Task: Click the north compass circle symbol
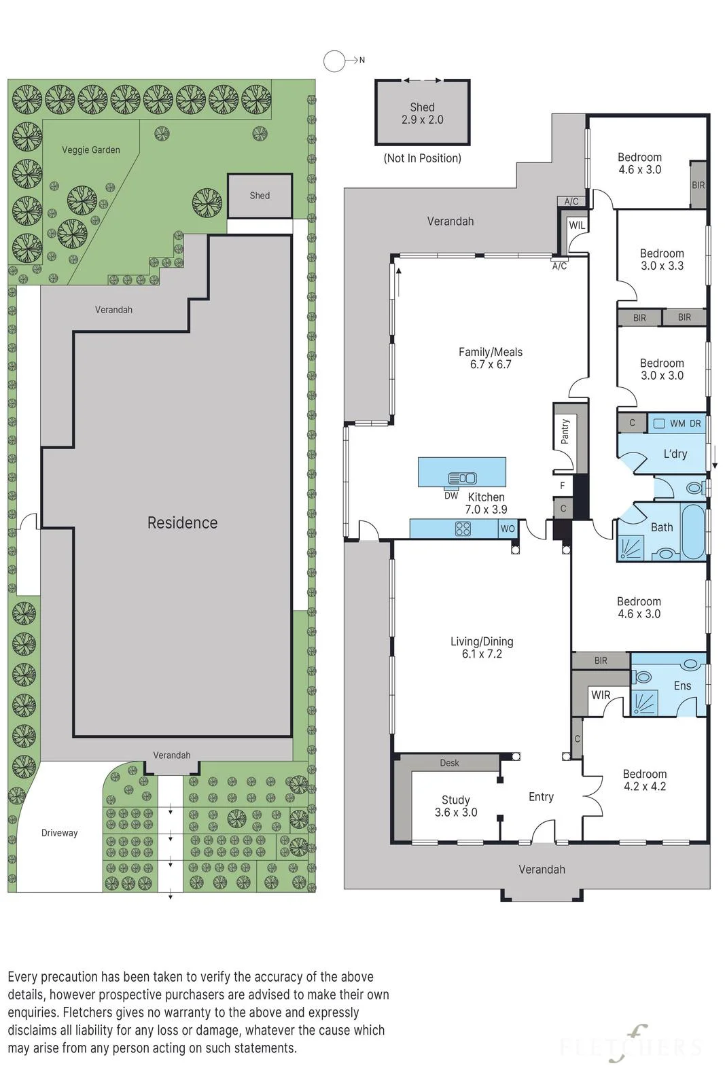coord(334,61)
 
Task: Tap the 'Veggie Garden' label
coord(91,150)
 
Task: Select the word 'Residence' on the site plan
coord(183,522)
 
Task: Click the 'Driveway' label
coord(59,833)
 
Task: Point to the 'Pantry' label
coord(565,431)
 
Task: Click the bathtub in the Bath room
coord(693,532)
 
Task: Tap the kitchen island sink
coord(463,478)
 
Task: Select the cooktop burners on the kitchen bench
coord(463,528)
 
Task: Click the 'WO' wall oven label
coord(508,529)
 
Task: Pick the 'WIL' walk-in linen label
coord(577,225)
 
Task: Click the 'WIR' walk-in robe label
coord(601,695)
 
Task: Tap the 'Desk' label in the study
coord(449,763)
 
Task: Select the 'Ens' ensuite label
coord(682,685)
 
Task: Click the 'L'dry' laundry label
coord(675,454)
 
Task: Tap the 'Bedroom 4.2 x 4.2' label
coord(645,780)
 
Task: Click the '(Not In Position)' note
coord(422,158)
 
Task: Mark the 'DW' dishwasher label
coord(451,495)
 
